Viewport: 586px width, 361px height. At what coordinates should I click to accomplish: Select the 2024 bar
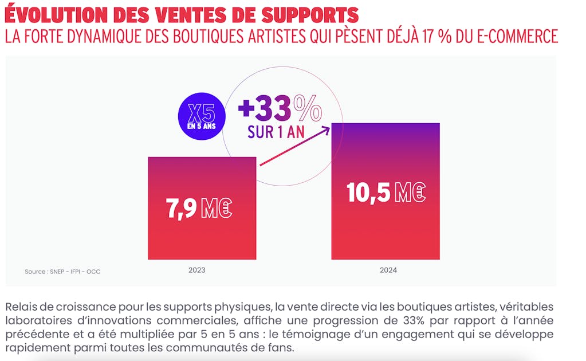386,229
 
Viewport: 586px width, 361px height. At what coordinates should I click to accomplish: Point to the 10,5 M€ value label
386,193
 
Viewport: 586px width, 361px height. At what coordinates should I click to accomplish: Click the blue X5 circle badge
202,116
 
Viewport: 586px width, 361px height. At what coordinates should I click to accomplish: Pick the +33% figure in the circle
280,108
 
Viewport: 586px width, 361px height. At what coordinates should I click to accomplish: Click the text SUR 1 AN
276,131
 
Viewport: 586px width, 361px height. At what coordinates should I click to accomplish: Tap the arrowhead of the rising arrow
328,130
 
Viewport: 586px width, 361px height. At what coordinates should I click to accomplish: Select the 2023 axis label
196,270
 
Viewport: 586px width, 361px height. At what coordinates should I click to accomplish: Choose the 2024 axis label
388,270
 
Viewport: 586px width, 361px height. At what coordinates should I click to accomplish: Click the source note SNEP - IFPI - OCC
62,272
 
